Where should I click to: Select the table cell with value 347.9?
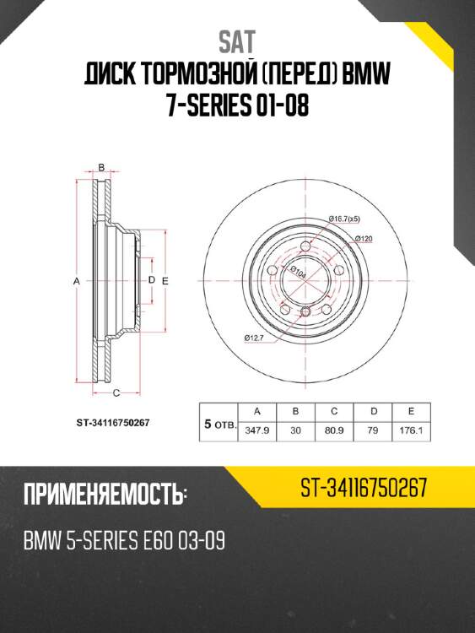(x=256, y=429)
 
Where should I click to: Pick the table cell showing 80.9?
(x=334, y=429)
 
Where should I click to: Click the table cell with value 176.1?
(x=410, y=429)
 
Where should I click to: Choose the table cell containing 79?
(x=372, y=429)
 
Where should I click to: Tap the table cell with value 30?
(x=295, y=429)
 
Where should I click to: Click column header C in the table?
(x=334, y=411)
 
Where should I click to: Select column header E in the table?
(x=410, y=411)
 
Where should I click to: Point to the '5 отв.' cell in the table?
(x=219, y=420)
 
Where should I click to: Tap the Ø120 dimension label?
(x=364, y=239)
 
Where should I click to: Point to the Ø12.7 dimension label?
(x=255, y=338)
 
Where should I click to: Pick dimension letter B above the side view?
(x=101, y=167)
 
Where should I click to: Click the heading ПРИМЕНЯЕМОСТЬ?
(x=104, y=495)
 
